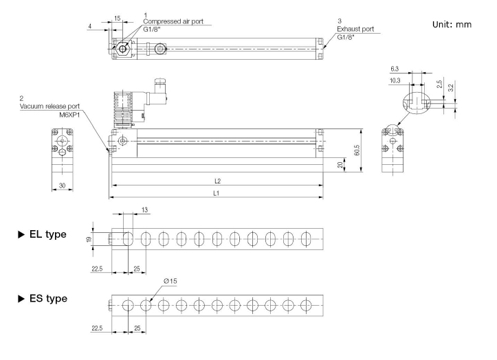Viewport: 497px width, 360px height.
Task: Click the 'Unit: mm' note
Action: [452, 25]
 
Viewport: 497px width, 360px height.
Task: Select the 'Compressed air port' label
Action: [173, 21]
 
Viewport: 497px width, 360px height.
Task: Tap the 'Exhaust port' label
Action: [355, 29]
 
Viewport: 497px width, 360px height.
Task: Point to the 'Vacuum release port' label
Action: [49, 106]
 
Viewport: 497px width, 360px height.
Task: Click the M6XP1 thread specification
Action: [69, 115]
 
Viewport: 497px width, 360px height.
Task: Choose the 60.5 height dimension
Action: [357, 150]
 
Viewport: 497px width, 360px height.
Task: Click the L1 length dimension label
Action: [216, 193]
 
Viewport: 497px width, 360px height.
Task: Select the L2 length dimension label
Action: [217, 181]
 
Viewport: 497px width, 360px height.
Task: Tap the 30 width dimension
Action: [62, 185]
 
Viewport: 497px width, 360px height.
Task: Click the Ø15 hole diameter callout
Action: [170, 281]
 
